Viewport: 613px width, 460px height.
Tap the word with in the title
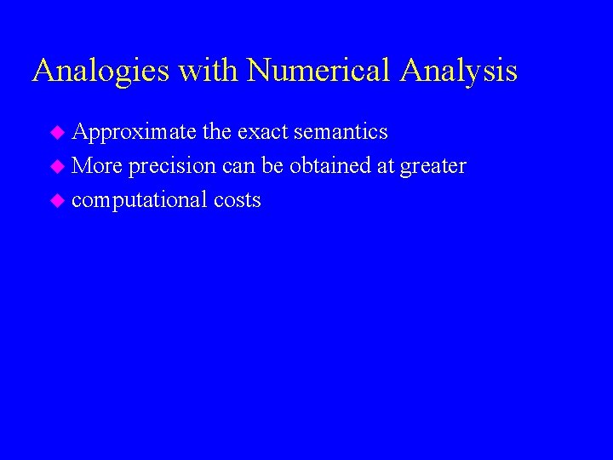coord(209,71)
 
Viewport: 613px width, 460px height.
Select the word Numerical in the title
coord(319,71)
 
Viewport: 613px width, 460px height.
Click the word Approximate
coord(135,132)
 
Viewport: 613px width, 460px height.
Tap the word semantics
coord(341,132)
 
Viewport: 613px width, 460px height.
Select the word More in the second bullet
coord(97,166)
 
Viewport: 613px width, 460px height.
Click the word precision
coord(173,166)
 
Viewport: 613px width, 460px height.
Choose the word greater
coord(433,167)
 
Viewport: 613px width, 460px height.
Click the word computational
coord(140,200)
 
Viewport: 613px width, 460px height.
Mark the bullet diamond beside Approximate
coord(57,133)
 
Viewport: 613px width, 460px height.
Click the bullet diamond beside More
coord(57,167)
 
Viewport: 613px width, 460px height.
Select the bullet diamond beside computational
coord(57,201)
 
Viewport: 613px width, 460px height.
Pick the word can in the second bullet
coord(238,166)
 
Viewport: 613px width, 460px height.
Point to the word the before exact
coord(217,132)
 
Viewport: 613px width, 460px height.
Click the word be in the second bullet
coord(272,166)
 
